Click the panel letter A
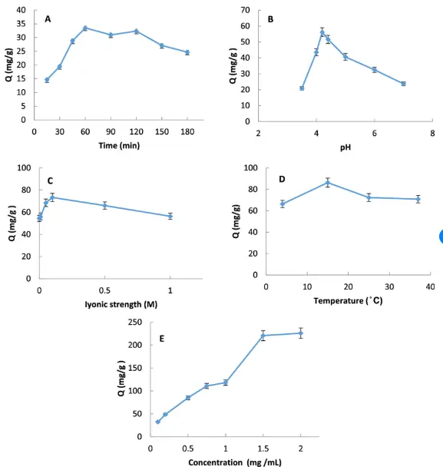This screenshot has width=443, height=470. coord(48,18)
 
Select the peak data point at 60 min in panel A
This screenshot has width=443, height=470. coord(85,28)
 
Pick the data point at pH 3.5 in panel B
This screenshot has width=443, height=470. coord(302,88)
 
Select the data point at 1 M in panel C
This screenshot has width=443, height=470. coord(170,217)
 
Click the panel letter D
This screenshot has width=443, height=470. coord(282,179)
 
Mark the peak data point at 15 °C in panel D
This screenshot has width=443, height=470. coord(327,182)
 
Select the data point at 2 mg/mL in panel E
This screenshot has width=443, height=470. coord(301,333)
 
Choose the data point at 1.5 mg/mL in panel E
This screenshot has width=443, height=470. coord(263,336)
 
